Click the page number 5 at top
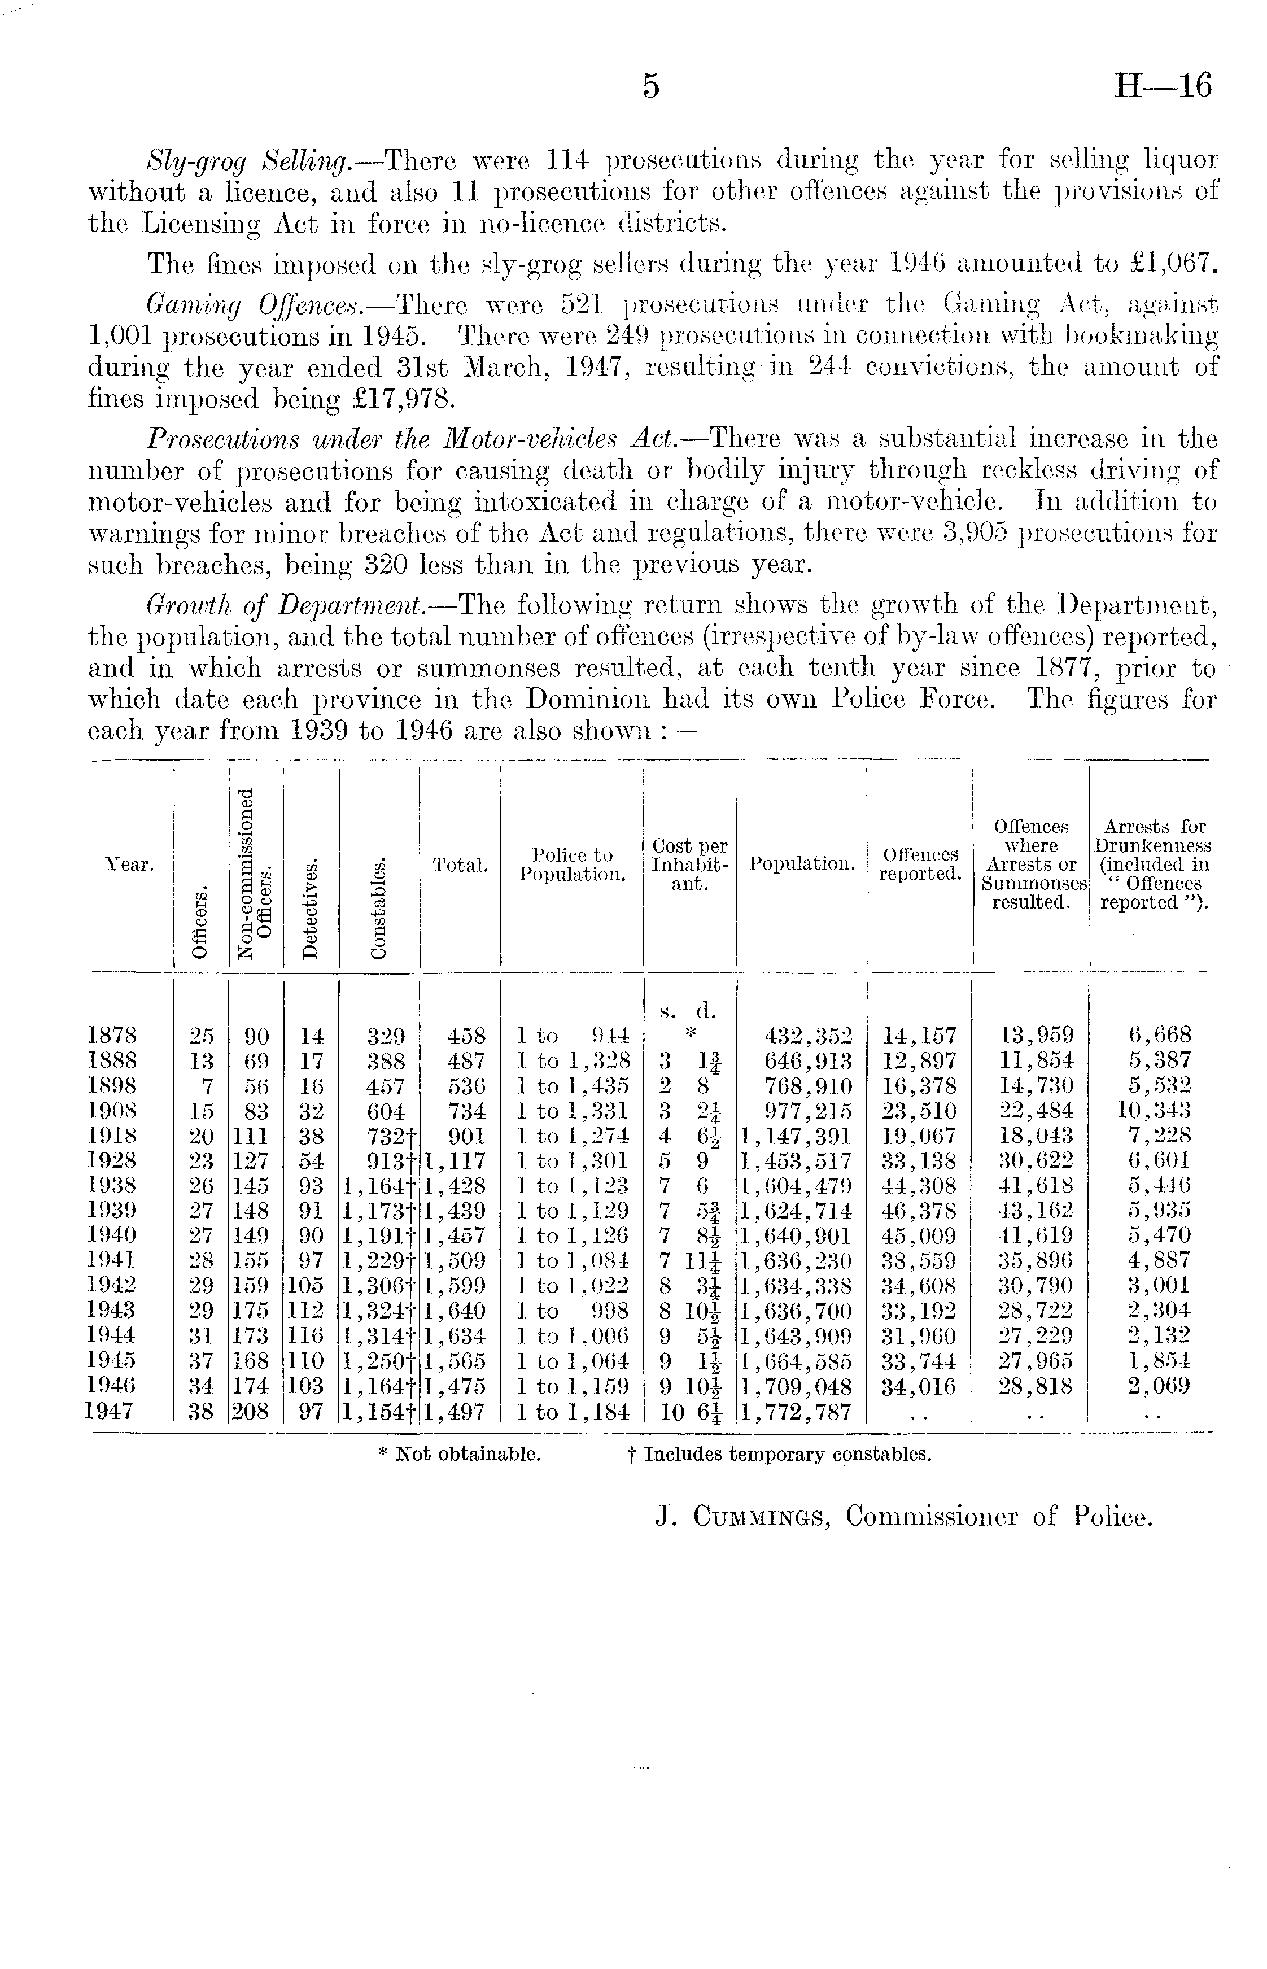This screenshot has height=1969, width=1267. pyautogui.click(x=651, y=86)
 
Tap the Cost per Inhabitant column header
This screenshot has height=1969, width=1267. pyautogui.click(x=689, y=865)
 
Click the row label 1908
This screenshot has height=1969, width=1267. pyautogui.click(x=112, y=1111)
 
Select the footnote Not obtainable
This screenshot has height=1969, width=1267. pyautogui.click(x=459, y=1454)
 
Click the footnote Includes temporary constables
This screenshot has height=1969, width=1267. pyautogui.click(x=779, y=1454)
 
